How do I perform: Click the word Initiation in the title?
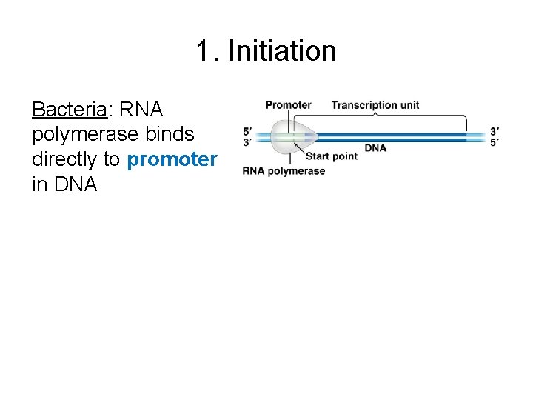tap(282, 51)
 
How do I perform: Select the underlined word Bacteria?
tap(69, 110)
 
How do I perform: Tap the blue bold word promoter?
tap(172, 159)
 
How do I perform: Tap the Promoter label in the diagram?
tap(288, 105)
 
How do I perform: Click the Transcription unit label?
tap(375, 105)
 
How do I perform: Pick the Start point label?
tap(331, 156)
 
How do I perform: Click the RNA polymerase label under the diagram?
tap(284, 171)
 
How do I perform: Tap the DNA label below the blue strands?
tap(375, 148)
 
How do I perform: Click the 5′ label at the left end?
tap(247, 132)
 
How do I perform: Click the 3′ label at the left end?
tap(247, 141)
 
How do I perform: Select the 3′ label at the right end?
tap(494, 132)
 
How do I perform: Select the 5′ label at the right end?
tap(494, 141)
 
